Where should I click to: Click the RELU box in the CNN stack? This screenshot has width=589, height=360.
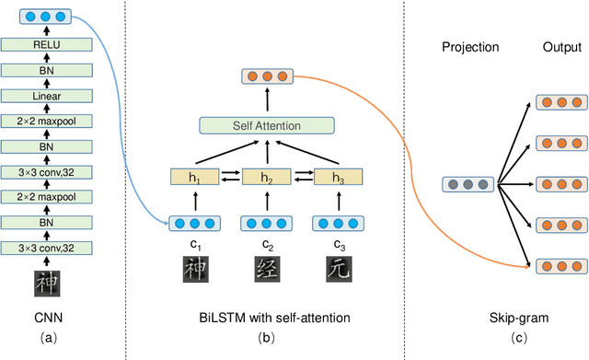tap(46, 42)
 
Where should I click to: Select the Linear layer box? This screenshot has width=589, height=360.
tap(46, 95)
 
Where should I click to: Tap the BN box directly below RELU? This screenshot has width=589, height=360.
tap(46, 69)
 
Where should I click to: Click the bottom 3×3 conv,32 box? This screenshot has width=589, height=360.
tap(46, 247)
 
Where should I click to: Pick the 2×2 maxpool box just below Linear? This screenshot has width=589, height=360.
tap(46, 121)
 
